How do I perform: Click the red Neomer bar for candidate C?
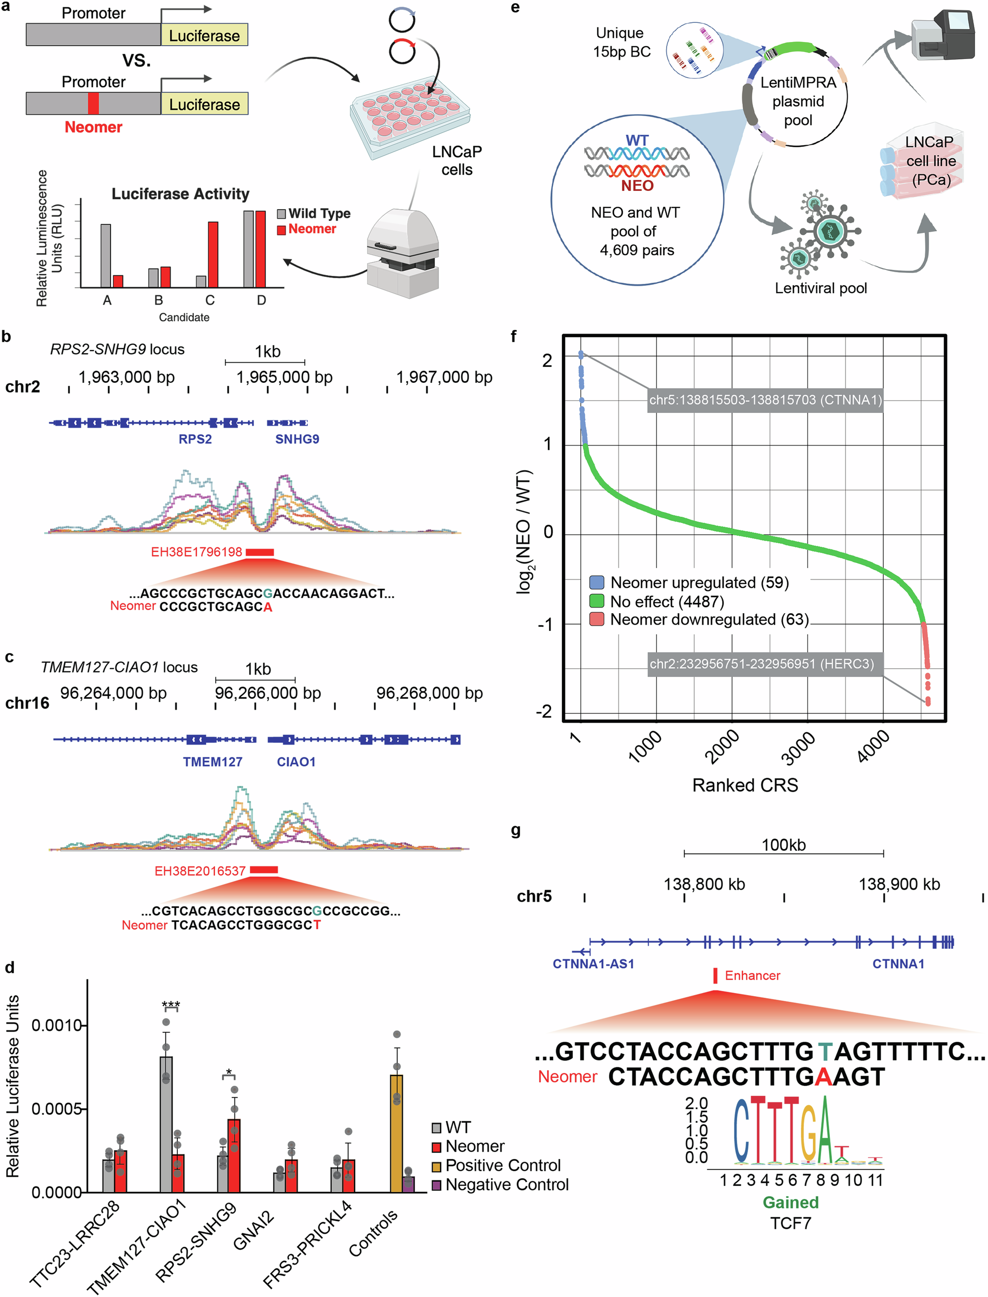(x=213, y=254)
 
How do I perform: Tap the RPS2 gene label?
(x=195, y=439)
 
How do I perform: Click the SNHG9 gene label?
(x=297, y=439)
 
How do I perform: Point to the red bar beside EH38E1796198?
(x=259, y=552)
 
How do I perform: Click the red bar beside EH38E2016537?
(x=263, y=870)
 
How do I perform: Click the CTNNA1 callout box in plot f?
(x=765, y=400)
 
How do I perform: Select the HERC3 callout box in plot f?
(x=762, y=664)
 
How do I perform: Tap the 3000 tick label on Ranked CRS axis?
(x=798, y=748)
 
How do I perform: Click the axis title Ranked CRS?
(x=745, y=785)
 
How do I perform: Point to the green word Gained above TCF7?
(x=791, y=1202)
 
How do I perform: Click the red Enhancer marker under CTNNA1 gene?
(x=715, y=976)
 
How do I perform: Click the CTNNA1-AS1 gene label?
(x=594, y=964)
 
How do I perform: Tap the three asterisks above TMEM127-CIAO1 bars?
(x=171, y=1005)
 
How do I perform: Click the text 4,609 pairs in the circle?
(x=637, y=250)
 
